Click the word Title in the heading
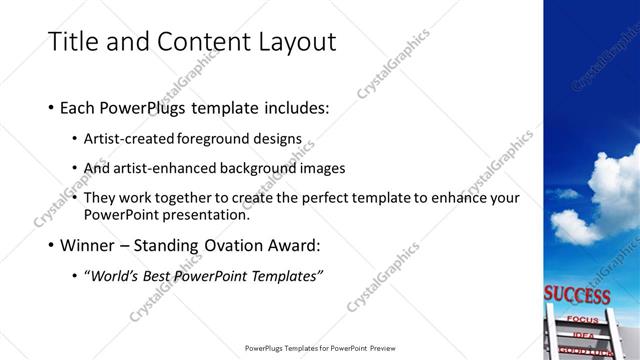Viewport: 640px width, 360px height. click(x=72, y=41)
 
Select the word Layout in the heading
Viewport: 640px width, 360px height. click(x=290, y=41)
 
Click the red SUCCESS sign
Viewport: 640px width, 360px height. click(x=577, y=296)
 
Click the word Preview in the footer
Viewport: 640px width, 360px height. click(x=379, y=348)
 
